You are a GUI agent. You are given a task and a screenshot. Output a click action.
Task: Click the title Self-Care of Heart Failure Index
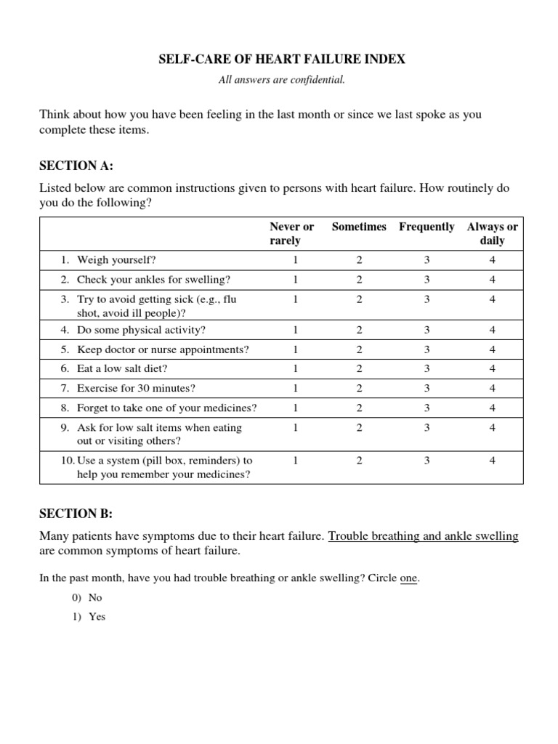[x=281, y=60]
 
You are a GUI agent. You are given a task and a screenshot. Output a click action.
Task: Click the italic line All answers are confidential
[x=281, y=80]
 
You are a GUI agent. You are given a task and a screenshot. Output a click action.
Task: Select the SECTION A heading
[x=76, y=166]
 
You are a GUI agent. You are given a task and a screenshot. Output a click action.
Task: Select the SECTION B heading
[x=76, y=514]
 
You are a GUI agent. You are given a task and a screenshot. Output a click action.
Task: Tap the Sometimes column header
[x=359, y=227]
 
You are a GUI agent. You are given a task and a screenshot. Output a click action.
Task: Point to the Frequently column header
[x=426, y=227]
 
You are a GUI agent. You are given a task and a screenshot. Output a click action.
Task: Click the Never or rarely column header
[x=291, y=233]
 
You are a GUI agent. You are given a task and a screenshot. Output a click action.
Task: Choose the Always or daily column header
[x=492, y=233]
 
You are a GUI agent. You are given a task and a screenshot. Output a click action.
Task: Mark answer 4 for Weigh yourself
[x=492, y=259]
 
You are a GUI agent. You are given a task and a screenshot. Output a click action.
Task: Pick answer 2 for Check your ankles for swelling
[x=359, y=279]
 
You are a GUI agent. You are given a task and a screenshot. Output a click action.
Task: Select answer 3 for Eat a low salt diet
[x=427, y=369]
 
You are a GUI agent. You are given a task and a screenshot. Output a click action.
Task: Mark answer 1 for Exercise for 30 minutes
[x=295, y=389]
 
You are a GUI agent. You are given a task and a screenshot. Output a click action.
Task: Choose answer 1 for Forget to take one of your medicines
[x=295, y=408]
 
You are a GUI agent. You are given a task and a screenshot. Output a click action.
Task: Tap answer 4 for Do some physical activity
[x=492, y=330]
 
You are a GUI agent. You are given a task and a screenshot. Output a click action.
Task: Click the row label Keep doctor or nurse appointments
[x=162, y=349]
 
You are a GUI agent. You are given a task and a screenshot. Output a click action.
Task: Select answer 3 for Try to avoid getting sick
[x=427, y=299]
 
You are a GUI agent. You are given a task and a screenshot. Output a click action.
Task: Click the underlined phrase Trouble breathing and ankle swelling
[x=423, y=536]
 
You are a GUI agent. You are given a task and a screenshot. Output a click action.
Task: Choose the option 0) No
[x=88, y=598]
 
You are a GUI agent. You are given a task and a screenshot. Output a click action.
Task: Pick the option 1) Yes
[x=89, y=617]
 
